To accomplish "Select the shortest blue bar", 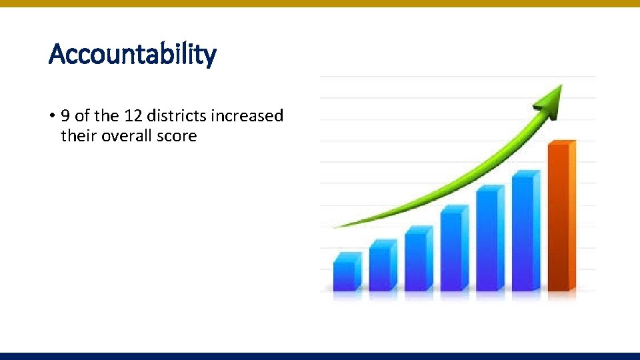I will coord(346,273).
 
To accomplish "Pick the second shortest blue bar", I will coord(382,267).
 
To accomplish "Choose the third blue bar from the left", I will coord(418,260).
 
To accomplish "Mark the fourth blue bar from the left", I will coord(453,249).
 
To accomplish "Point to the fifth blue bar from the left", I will coord(489,240).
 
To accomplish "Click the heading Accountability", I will coord(133,54).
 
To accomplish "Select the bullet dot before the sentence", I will coord(51,116).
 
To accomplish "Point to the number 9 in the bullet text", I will coord(65,116).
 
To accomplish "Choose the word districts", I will coord(177,116).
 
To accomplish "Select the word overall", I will coord(127,136).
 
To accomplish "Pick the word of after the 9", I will coord(82,116).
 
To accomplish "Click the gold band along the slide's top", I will coord(320,3).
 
